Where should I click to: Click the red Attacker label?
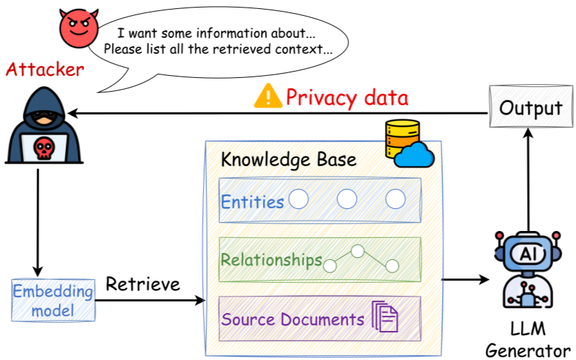(x=45, y=70)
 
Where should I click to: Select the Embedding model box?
(x=53, y=301)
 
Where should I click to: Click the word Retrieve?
(x=143, y=283)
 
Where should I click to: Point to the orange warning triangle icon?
(x=268, y=97)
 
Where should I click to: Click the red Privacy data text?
(x=347, y=97)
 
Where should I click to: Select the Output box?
(x=530, y=108)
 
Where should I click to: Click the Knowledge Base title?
(x=288, y=160)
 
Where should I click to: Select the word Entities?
(x=252, y=201)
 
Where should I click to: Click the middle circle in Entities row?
(x=347, y=199)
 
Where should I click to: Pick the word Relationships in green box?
(x=271, y=260)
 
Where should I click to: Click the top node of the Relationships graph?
(x=357, y=251)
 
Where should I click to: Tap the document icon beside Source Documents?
(x=385, y=317)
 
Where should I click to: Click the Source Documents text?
(x=292, y=319)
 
